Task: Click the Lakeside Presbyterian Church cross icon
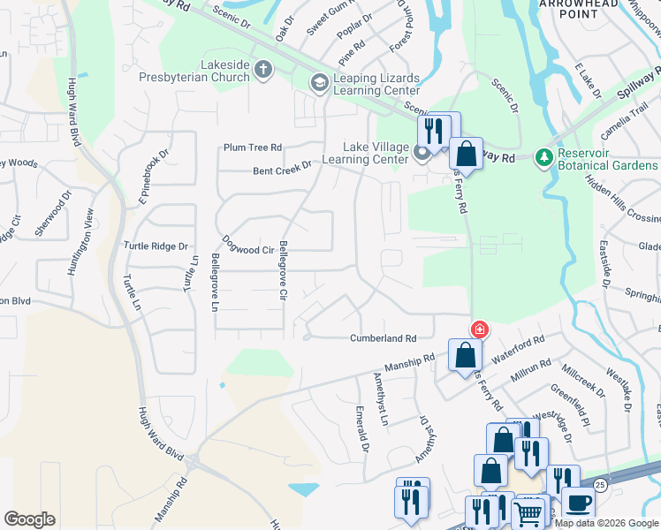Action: (262, 69)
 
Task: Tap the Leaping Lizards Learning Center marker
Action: (318, 82)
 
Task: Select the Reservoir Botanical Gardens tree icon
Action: (544, 157)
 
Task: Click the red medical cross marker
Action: (479, 330)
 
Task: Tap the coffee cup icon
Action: (578, 503)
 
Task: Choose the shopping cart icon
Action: (528, 512)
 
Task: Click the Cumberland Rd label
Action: (383, 338)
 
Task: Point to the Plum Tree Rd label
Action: (253, 148)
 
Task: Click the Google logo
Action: (29, 519)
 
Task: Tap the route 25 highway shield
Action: (600, 485)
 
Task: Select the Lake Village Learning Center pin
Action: (422, 153)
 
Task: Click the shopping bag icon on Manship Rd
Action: (465, 356)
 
